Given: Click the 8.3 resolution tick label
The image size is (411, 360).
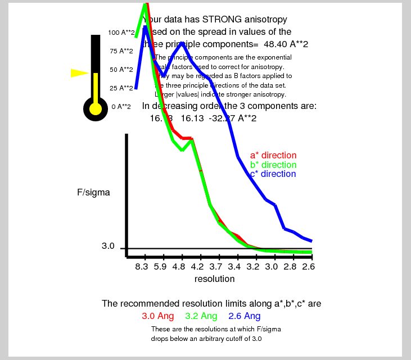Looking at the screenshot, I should point(142,267).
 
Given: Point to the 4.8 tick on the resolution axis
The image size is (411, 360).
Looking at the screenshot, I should point(179,267).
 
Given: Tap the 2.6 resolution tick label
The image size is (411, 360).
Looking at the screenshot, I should point(308,267).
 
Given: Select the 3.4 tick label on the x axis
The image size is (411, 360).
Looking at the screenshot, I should point(234,267).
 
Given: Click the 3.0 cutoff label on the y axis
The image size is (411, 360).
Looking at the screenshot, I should point(108,246).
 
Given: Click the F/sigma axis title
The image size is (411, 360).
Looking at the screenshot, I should point(93,192).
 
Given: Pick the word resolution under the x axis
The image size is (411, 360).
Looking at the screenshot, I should point(214,279).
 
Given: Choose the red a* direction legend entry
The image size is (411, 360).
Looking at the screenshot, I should point(273,156).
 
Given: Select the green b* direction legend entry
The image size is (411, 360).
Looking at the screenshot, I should point(273,165).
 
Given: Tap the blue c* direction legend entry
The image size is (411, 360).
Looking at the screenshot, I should point(273,174).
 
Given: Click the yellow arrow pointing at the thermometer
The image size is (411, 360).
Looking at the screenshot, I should point(80,73).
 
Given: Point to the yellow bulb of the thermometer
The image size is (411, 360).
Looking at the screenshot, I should point(96,108).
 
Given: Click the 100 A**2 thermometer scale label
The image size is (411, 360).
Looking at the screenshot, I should point(121,33).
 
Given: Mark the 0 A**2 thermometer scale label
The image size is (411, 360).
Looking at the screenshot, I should point(121,106).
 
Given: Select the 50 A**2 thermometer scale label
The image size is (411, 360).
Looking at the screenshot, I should point(121,70).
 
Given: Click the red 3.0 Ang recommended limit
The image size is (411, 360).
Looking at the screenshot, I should point(158,316).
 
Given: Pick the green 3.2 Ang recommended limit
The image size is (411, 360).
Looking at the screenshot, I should point(201,316).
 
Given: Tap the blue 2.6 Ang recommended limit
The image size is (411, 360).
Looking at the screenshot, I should point(245,316).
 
